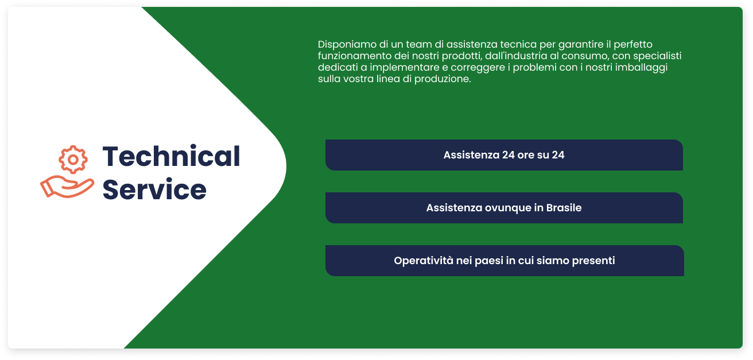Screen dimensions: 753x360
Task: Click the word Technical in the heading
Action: (x=172, y=156)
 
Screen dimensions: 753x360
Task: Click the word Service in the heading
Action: (x=154, y=189)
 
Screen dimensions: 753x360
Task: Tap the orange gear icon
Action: (x=73, y=160)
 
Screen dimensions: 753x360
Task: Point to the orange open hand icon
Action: (x=67, y=187)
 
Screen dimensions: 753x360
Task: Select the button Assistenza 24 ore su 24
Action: (x=504, y=155)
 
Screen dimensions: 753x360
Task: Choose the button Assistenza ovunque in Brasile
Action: (x=504, y=208)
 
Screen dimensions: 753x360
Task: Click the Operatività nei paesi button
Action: (x=504, y=261)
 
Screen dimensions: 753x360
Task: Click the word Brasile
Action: (x=564, y=208)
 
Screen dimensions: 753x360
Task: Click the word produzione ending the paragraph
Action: (x=443, y=79)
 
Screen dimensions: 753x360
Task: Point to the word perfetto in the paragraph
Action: (x=633, y=44)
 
